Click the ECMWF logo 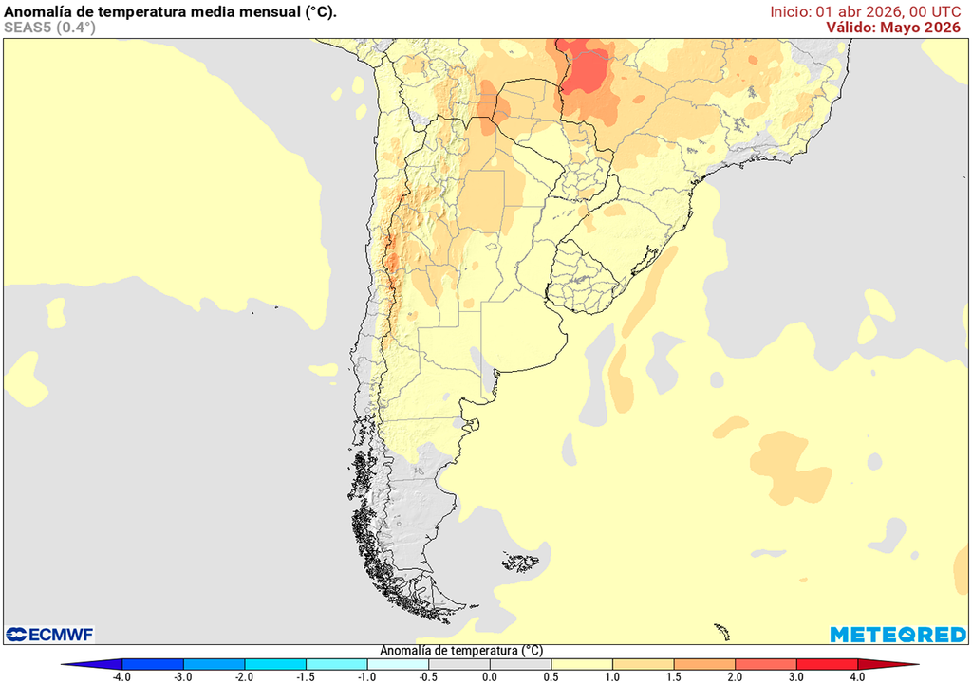point(49,634)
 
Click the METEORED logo point(898,634)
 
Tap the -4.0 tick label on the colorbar point(121,676)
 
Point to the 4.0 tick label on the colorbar point(857,676)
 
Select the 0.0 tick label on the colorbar point(489,676)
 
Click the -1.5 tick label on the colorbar point(306,676)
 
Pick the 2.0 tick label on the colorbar point(735,676)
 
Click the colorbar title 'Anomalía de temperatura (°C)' point(461,651)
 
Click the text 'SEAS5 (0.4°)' point(49,28)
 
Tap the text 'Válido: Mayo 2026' point(892,28)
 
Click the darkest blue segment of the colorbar point(152,664)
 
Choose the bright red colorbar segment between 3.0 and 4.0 point(826,664)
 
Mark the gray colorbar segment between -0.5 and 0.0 point(459,664)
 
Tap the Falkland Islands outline point(521,563)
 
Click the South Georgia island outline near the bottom point(722,631)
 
